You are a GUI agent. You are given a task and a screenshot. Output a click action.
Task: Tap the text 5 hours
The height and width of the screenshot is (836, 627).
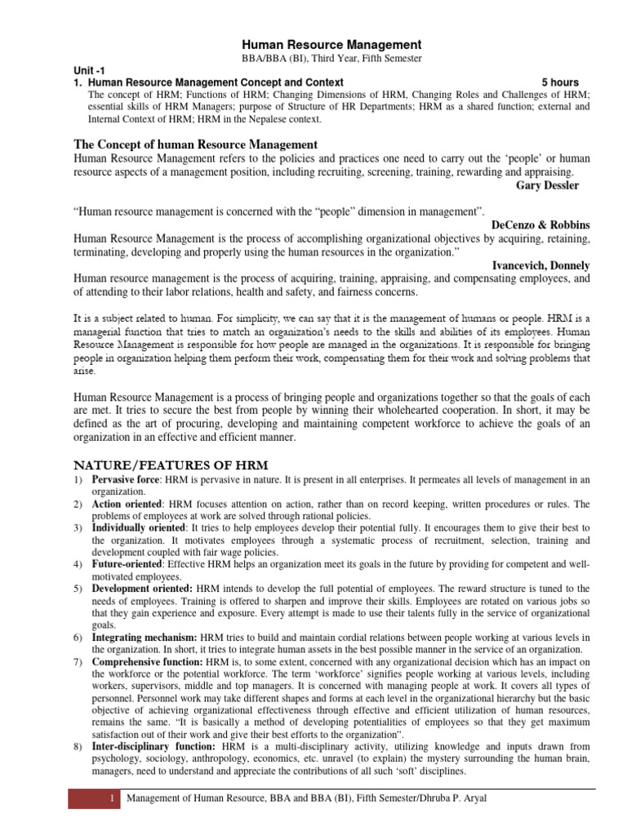(x=560, y=83)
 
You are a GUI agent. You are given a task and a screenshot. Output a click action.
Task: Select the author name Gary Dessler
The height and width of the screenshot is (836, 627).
(x=548, y=185)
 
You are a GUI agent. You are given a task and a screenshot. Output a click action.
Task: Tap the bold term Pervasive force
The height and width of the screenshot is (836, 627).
(x=125, y=479)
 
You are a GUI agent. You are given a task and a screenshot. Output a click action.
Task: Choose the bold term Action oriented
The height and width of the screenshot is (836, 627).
(x=127, y=505)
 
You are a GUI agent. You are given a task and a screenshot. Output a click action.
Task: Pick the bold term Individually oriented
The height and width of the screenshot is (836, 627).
(x=138, y=529)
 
